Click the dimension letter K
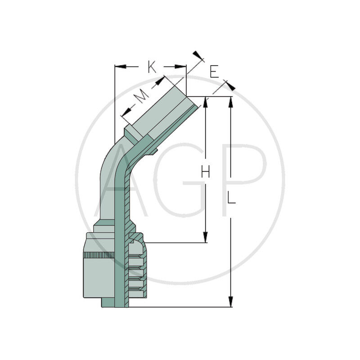(x=152, y=67)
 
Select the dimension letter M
(x=140, y=96)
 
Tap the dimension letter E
(x=214, y=72)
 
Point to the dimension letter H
(x=206, y=171)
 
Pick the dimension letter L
(x=231, y=198)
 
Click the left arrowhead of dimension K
(x=120, y=67)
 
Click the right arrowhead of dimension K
(x=180, y=67)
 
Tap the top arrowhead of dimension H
(x=206, y=102)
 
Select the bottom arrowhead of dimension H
(x=206, y=237)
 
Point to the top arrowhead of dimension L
(x=231, y=102)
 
